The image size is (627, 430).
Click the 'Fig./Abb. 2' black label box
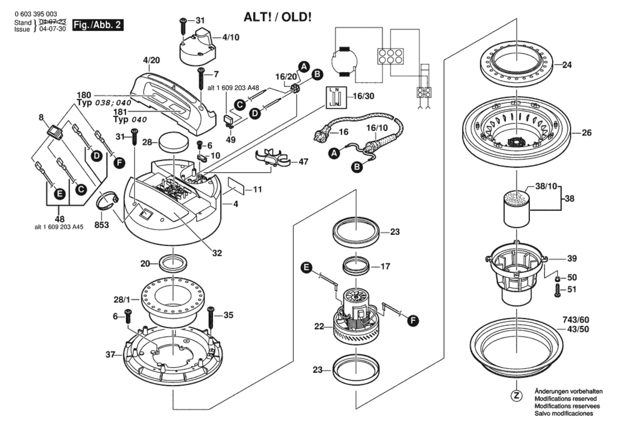point(97,25)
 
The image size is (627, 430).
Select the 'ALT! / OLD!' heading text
point(277,17)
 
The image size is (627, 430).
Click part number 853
point(102,225)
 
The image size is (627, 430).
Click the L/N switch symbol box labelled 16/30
point(336,97)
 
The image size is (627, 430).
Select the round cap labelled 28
point(174,142)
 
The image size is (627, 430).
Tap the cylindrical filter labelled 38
point(516,209)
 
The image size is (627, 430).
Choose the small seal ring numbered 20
point(173,263)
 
